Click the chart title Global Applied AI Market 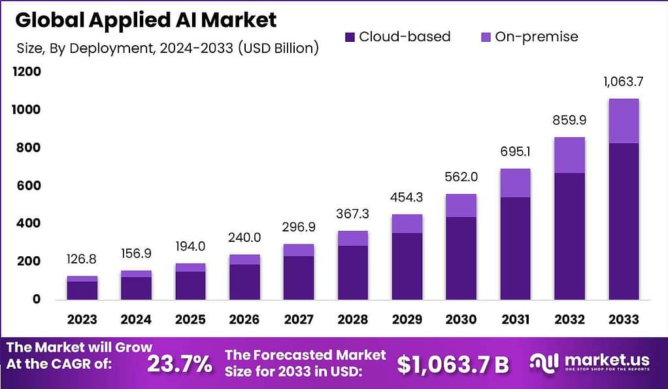click(146, 20)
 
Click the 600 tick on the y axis click(27, 186)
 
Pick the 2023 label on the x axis click(82, 320)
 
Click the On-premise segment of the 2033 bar click(623, 121)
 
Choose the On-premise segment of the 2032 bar click(569, 155)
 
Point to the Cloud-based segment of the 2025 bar click(190, 286)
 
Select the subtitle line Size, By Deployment click(167, 48)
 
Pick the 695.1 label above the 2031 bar click(514, 152)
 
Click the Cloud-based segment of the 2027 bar click(298, 278)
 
